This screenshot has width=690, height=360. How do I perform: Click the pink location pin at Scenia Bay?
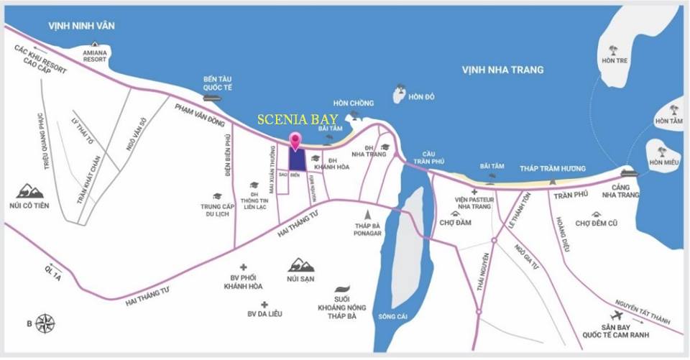tap(294, 140)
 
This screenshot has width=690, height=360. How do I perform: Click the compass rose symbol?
tap(46, 323)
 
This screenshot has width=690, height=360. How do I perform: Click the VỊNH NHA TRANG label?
tap(502, 70)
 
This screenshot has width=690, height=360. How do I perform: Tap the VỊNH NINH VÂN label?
tap(81, 26)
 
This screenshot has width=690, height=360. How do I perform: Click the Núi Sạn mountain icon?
tap(301, 265)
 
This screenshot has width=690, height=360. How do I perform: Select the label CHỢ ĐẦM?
tap(455, 222)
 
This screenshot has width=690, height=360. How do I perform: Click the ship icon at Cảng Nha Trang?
tap(627, 173)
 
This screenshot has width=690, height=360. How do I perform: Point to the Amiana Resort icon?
tap(94, 45)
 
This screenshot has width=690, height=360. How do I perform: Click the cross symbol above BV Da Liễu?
tap(264, 304)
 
